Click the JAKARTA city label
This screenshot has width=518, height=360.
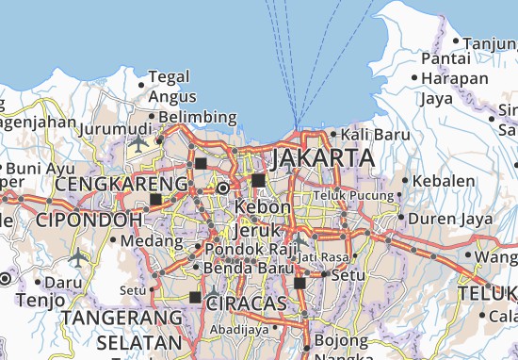319,156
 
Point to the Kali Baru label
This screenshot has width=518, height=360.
381,135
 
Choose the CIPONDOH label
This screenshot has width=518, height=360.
90,219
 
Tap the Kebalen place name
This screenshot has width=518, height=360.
444,180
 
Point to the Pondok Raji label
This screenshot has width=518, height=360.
244,249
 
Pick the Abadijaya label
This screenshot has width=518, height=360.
237,330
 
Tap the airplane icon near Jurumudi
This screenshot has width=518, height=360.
139,142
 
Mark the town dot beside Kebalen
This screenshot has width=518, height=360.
406,180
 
